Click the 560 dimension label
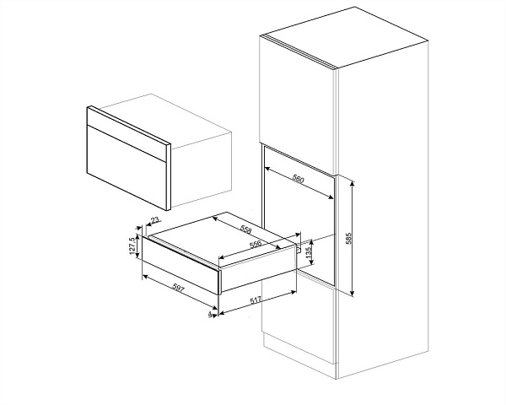[x=298, y=179]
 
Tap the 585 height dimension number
[x=347, y=238]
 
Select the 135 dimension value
[x=308, y=251]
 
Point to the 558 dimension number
[x=245, y=229]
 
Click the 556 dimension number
[x=256, y=245]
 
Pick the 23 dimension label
[x=155, y=220]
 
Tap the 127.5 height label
[x=132, y=246]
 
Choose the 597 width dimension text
[x=178, y=288]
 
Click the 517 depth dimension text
[x=256, y=301]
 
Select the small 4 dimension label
[x=210, y=314]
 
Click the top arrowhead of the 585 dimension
[x=353, y=183]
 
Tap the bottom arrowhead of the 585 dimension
[x=353, y=293]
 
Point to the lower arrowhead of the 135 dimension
[x=311, y=262]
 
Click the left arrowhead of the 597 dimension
[x=145, y=277]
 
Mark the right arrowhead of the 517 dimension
[x=293, y=293]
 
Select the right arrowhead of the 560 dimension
[x=331, y=197]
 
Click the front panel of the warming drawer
[x=180, y=265]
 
